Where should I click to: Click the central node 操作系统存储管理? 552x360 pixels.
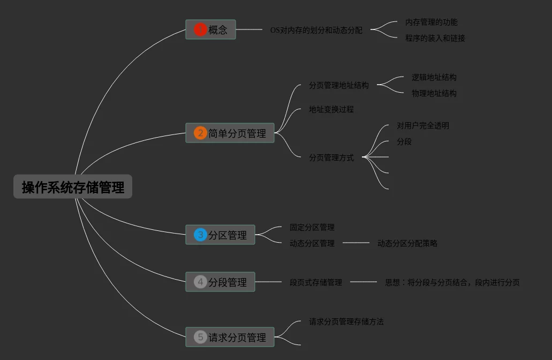click(x=73, y=187)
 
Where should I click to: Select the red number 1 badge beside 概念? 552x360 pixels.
click(x=200, y=29)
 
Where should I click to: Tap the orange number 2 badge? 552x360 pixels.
click(x=200, y=133)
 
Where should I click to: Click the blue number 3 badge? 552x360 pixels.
click(x=200, y=235)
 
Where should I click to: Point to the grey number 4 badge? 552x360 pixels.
click(x=200, y=282)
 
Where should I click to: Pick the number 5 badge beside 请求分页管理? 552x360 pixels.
click(x=200, y=337)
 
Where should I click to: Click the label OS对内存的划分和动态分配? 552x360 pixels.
click(x=316, y=30)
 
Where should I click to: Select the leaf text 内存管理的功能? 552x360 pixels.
click(x=431, y=22)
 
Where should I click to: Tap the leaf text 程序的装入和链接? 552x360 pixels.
click(x=435, y=38)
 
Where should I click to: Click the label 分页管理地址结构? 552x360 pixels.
click(x=338, y=85)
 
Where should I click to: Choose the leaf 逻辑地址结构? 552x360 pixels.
click(x=434, y=77)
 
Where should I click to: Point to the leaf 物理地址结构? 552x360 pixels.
click(x=434, y=93)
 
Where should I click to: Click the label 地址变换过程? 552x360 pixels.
click(x=331, y=109)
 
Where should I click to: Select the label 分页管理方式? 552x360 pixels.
click(x=331, y=157)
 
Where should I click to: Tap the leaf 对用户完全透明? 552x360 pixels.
click(x=422, y=125)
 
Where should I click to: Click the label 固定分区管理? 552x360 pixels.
click(x=312, y=227)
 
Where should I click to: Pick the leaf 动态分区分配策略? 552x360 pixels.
click(x=407, y=243)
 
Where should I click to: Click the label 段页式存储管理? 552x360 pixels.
click(x=315, y=282)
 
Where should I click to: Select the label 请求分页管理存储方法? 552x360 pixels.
click(x=346, y=321)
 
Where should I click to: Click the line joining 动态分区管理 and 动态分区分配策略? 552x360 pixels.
click(x=356, y=243)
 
